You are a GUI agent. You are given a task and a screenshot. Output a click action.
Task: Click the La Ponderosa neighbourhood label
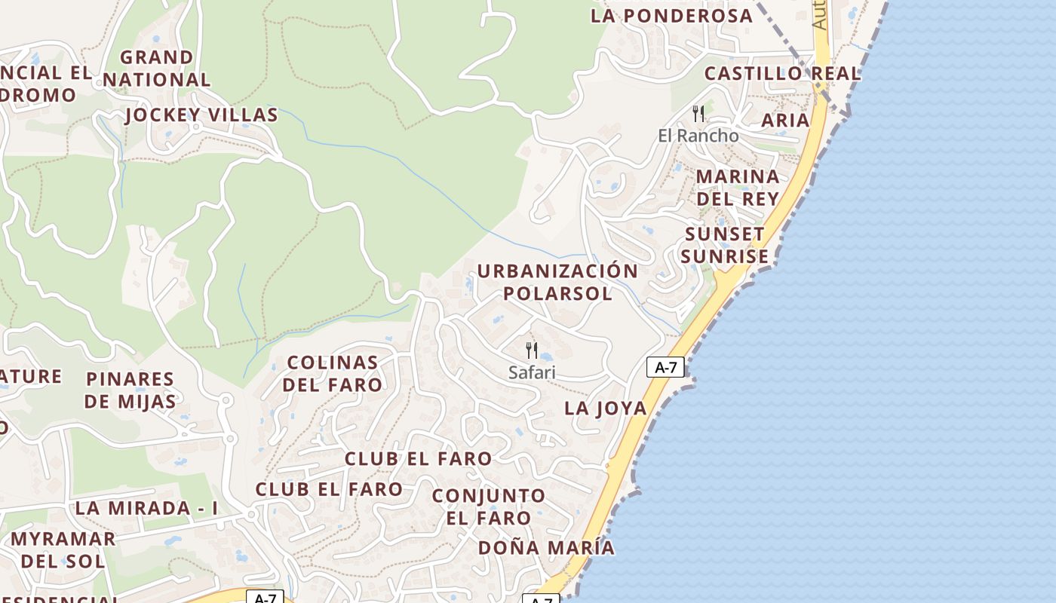pyautogui.click(x=671, y=16)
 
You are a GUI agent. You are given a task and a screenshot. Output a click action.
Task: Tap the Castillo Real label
pyautogui.click(x=782, y=74)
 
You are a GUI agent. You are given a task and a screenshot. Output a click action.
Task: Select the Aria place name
pyautogui.click(x=784, y=121)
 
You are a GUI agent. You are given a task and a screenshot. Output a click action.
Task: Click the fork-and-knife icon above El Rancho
pyautogui.click(x=698, y=114)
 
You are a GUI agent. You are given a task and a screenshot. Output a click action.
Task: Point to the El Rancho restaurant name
pyautogui.click(x=698, y=136)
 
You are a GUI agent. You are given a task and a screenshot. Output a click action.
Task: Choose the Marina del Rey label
pyautogui.click(x=737, y=188)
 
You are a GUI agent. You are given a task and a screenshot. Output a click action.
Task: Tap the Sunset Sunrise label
pyautogui.click(x=724, y=245)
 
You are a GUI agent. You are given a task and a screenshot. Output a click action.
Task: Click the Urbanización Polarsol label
pyautogui.click(x=557, y=282)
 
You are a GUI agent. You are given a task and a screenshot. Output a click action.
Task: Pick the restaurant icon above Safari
pyautogui.click(x=532, y=350)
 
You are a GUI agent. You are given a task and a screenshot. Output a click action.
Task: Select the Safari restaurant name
pyautogui.click(x=532, y=372)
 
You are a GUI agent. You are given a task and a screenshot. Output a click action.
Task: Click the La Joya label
pyautogui.click(x=606, y=409)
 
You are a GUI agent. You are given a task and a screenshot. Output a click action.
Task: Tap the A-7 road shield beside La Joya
pyautogui.click(x=665, y=368)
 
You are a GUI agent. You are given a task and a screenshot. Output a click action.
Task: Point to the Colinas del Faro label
pyautogui.click(x=333, y=373)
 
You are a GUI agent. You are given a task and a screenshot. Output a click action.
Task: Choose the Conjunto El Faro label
pyautogui.click(x=488, y=507)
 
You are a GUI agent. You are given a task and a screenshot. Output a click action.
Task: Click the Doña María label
pyautogui.click(x=546, y=548)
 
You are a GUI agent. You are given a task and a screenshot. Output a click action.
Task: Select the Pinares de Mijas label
pyautogui.click(x=130, y=390)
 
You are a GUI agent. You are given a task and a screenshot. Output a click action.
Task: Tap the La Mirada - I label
pyautogui.click(x=146, y=508)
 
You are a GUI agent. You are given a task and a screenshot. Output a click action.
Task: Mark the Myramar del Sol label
pyautogui.click(x=63, y=550)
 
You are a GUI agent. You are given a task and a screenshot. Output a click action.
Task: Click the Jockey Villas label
pyautogui.click(x=201, y=115)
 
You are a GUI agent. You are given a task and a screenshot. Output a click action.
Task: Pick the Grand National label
pyautogui.click(x=156, y=68)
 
